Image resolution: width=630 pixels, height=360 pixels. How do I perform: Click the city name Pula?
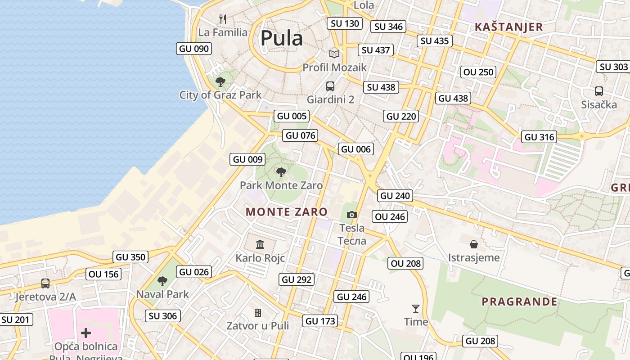282,38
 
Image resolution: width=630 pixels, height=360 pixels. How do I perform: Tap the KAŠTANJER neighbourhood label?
509,27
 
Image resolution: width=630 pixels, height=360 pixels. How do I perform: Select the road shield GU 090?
194,49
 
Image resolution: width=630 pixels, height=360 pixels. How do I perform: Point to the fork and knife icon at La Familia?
222,19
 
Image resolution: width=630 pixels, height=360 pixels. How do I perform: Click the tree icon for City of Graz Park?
220,81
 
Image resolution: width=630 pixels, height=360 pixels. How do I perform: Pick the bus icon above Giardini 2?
330,86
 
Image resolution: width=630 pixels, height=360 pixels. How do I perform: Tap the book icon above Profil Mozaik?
334,54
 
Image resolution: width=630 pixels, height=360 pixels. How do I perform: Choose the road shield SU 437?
376,50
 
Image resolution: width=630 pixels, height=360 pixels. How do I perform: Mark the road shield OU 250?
479,72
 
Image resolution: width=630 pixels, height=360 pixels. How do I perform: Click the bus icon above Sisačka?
599,91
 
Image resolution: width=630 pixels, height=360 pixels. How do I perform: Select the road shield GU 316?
540,137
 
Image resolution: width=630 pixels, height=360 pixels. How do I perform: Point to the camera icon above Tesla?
352,215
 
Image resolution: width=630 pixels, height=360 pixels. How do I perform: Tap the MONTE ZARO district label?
287,212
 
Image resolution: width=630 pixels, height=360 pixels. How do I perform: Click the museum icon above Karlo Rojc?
260,245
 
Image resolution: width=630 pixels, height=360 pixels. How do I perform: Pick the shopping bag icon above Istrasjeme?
473,244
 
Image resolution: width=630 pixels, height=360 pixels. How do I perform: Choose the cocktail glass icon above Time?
416,309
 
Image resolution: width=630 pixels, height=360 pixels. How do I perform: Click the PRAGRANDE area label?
520,301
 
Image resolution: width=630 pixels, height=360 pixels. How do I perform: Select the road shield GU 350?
131,257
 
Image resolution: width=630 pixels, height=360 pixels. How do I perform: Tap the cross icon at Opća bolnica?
86,333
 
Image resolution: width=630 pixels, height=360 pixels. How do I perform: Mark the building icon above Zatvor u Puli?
258,312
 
